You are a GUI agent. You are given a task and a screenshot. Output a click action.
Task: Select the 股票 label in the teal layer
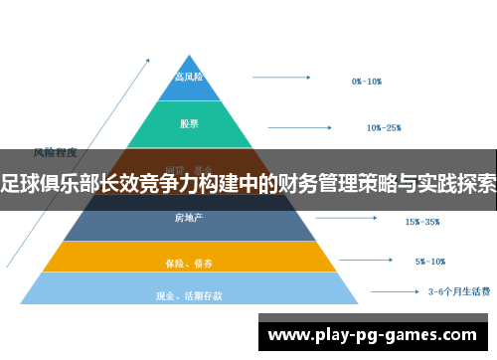[x=189, y=124]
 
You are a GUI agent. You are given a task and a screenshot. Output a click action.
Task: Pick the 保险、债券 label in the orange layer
[x=189, y=263]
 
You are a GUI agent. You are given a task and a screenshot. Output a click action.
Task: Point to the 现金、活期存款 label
[x=189, y=295]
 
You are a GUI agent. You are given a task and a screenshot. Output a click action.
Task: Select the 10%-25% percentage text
[x=384, y=127]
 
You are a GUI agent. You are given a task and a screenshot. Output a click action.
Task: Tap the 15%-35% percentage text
[x=422, y=222]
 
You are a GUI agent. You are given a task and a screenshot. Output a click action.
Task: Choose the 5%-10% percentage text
[x=431, y=263]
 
